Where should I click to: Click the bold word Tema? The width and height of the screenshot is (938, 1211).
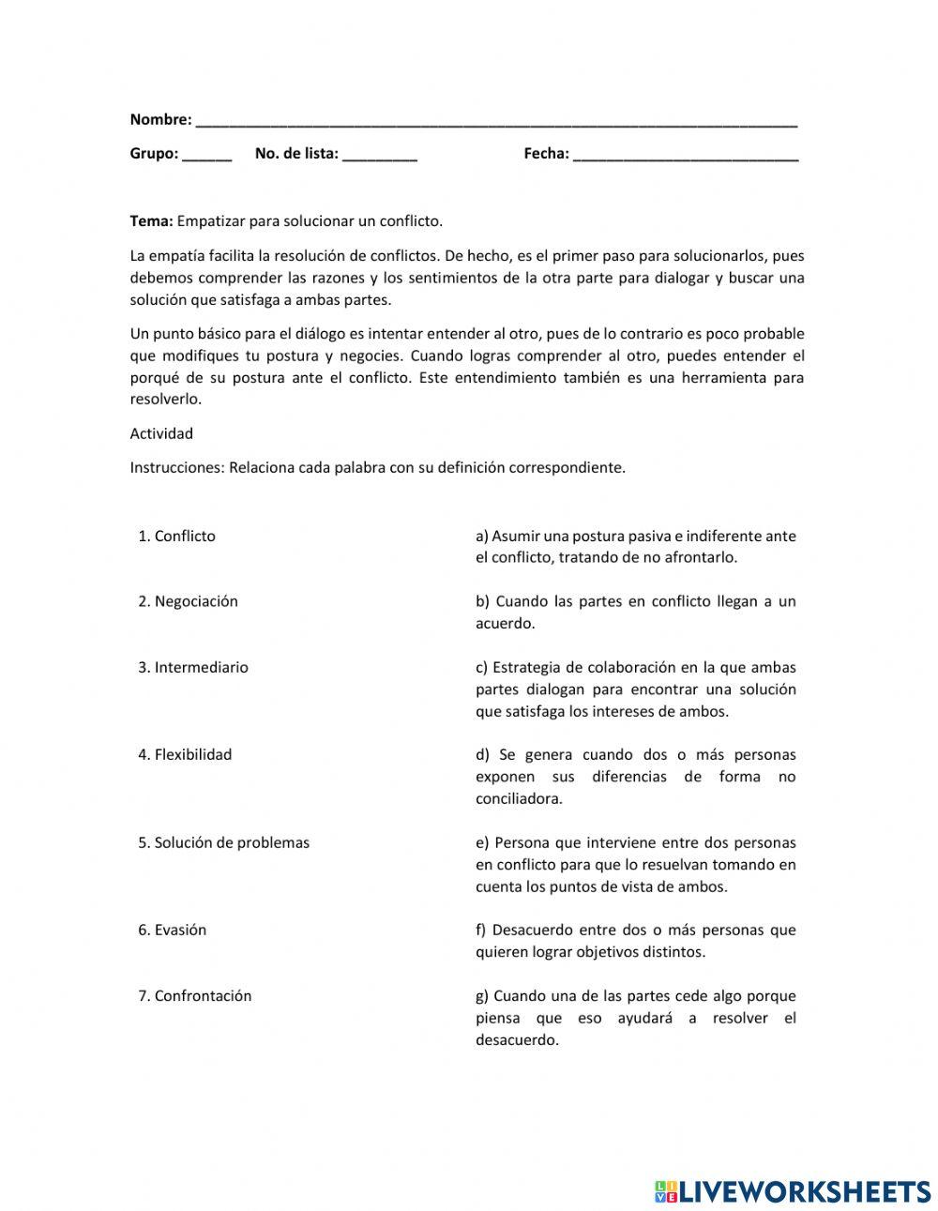[150, 221]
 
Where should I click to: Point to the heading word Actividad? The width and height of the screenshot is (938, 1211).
[161, 433]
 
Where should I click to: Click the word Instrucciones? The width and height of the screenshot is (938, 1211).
[176, 467]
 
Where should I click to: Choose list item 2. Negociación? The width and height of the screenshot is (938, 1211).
[188, 601]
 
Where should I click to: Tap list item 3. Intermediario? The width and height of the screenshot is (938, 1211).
[193, 668]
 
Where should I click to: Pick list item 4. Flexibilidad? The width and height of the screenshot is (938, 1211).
[185, 755]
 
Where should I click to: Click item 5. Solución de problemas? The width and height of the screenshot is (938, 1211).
[223, 842]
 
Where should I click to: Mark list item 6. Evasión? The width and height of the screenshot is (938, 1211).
[173, 931]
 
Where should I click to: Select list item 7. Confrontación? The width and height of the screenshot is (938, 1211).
[195, 996]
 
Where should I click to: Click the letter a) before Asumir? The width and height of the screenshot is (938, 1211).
[482, 537]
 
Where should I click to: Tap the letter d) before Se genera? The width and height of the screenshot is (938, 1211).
[483, 755]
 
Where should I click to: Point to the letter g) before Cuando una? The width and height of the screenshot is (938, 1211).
[482, 996]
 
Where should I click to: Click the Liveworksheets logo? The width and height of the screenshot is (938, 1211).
[792, 1191]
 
